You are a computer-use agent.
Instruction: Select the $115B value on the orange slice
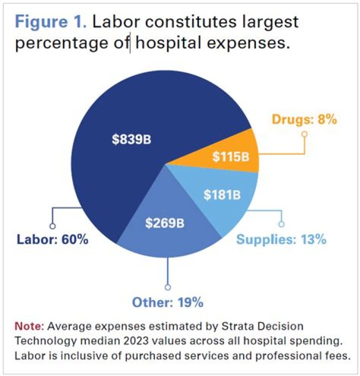(x=229, y=156)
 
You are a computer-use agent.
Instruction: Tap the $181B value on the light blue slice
(x=221, y=194)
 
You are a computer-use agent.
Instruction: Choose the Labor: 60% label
(x=52, y=240)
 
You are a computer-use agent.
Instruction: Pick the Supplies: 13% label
(x=281, y=239)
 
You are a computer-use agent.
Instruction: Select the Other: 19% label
(x=167, y=303)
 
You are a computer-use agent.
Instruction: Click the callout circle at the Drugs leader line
(x=304, y=134)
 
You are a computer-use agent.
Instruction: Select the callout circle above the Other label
(x=167, y=287)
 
